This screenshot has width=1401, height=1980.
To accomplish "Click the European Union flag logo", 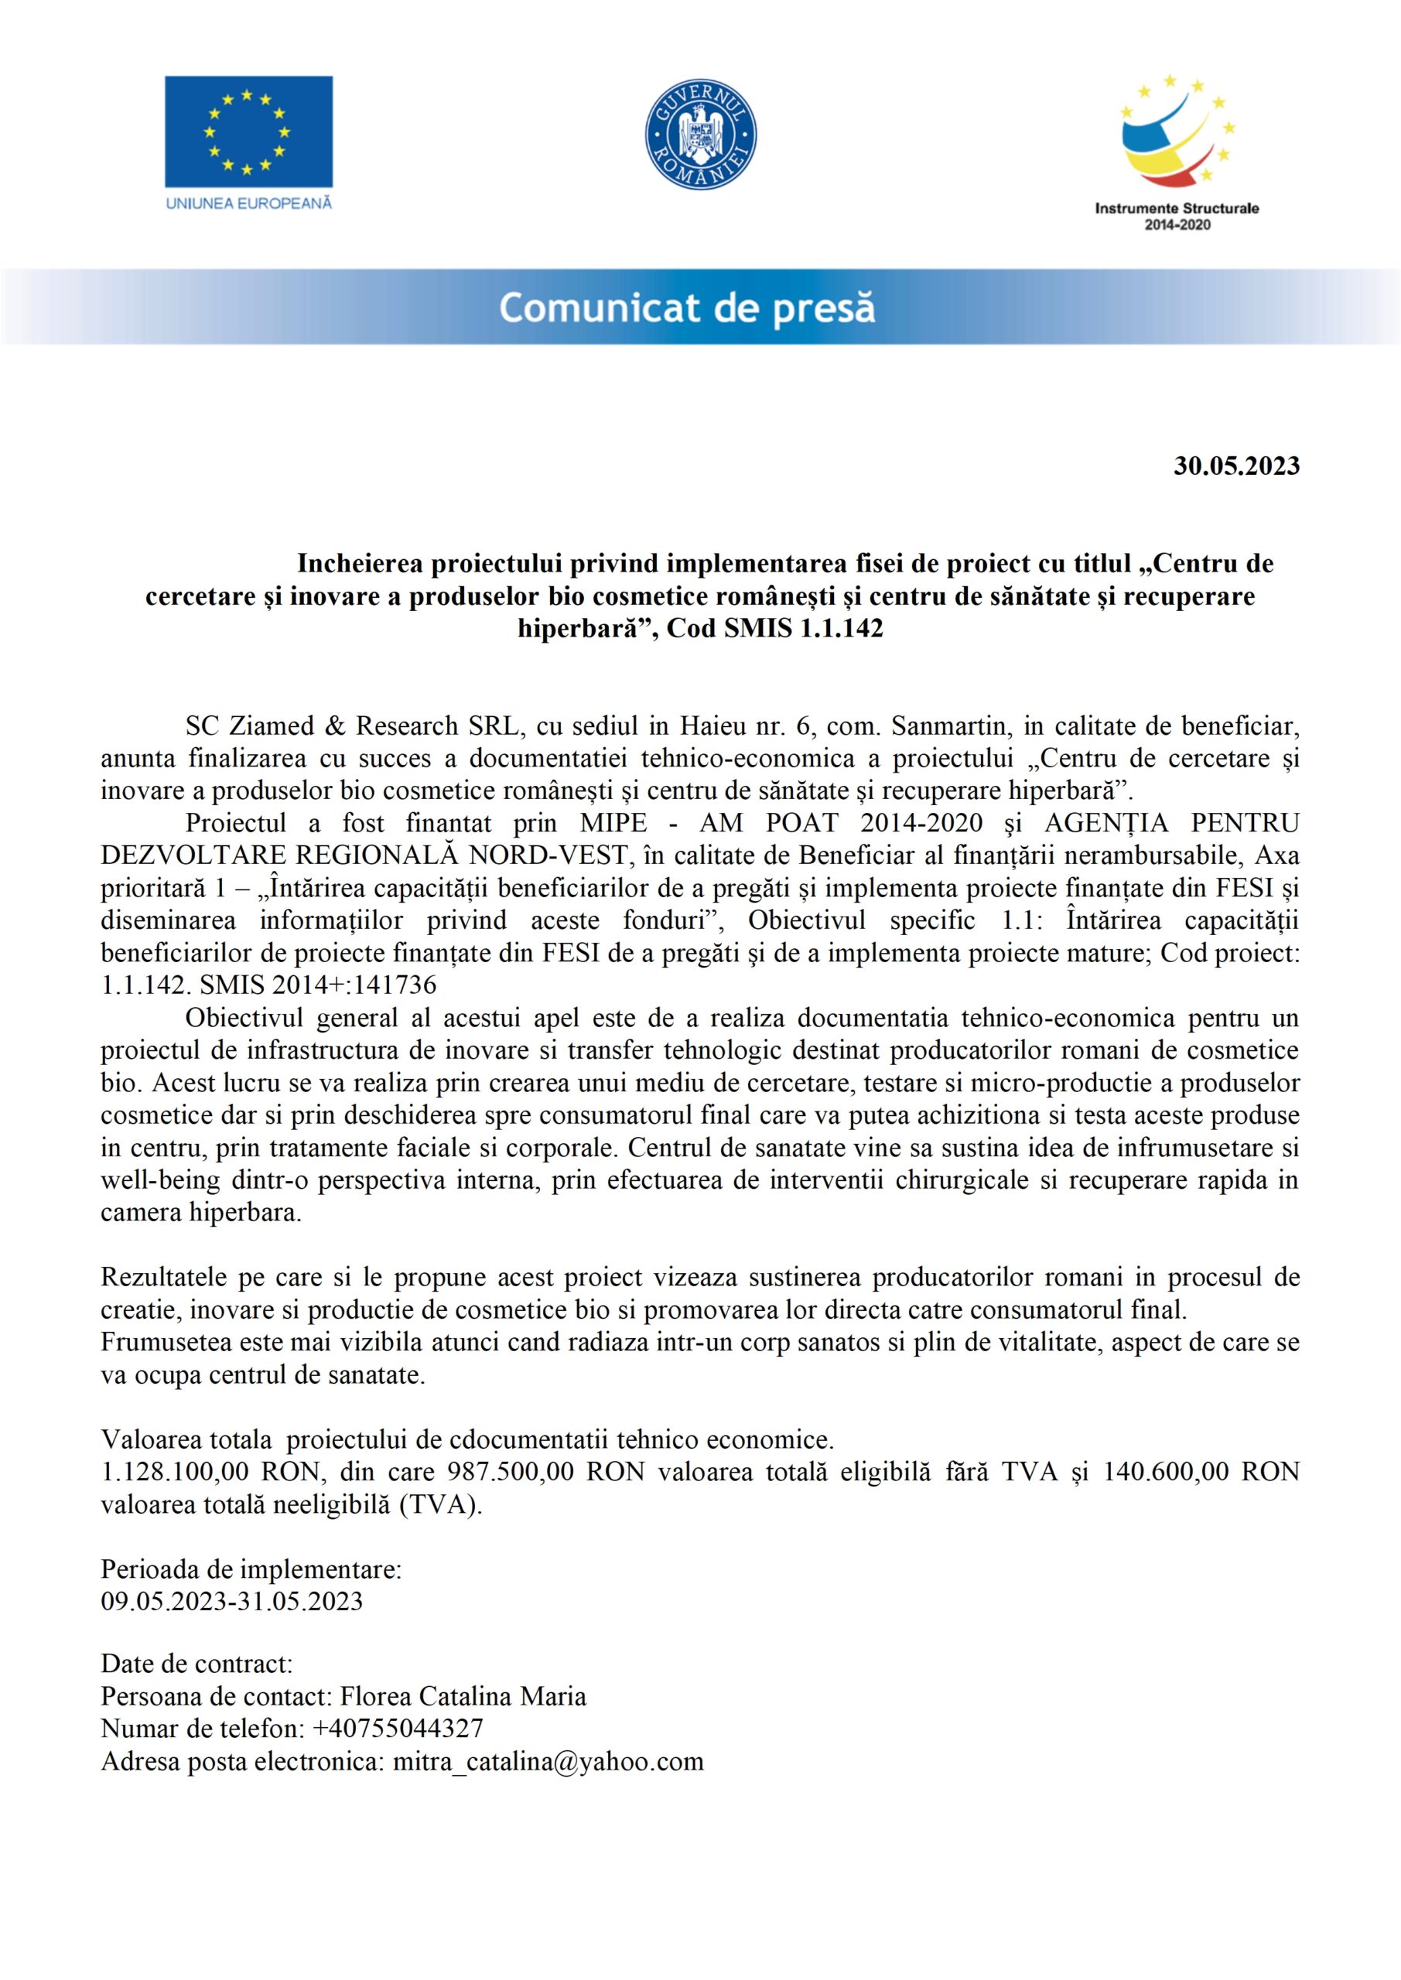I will tap(248, 131).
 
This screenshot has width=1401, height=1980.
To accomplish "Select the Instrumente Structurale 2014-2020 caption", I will tap(1177, 217).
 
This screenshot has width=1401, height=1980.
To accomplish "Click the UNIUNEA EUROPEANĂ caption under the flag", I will tap(248, 203).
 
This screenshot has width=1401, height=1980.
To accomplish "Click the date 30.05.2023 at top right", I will tap(1236, 466).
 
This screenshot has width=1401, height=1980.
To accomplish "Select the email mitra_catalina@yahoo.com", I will tap(548, 1761).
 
